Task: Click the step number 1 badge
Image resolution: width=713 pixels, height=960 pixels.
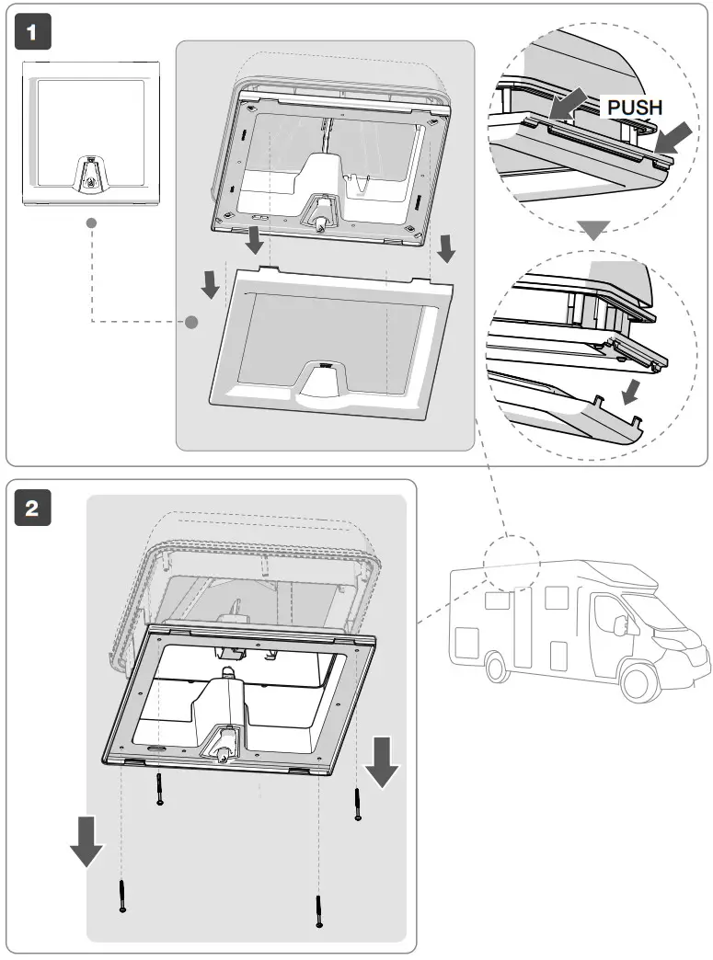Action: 32,34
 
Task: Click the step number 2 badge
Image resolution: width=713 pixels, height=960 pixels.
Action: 32,509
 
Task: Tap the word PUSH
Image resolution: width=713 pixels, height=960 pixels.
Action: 635,108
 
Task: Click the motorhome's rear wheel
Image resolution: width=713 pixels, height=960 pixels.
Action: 496,667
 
